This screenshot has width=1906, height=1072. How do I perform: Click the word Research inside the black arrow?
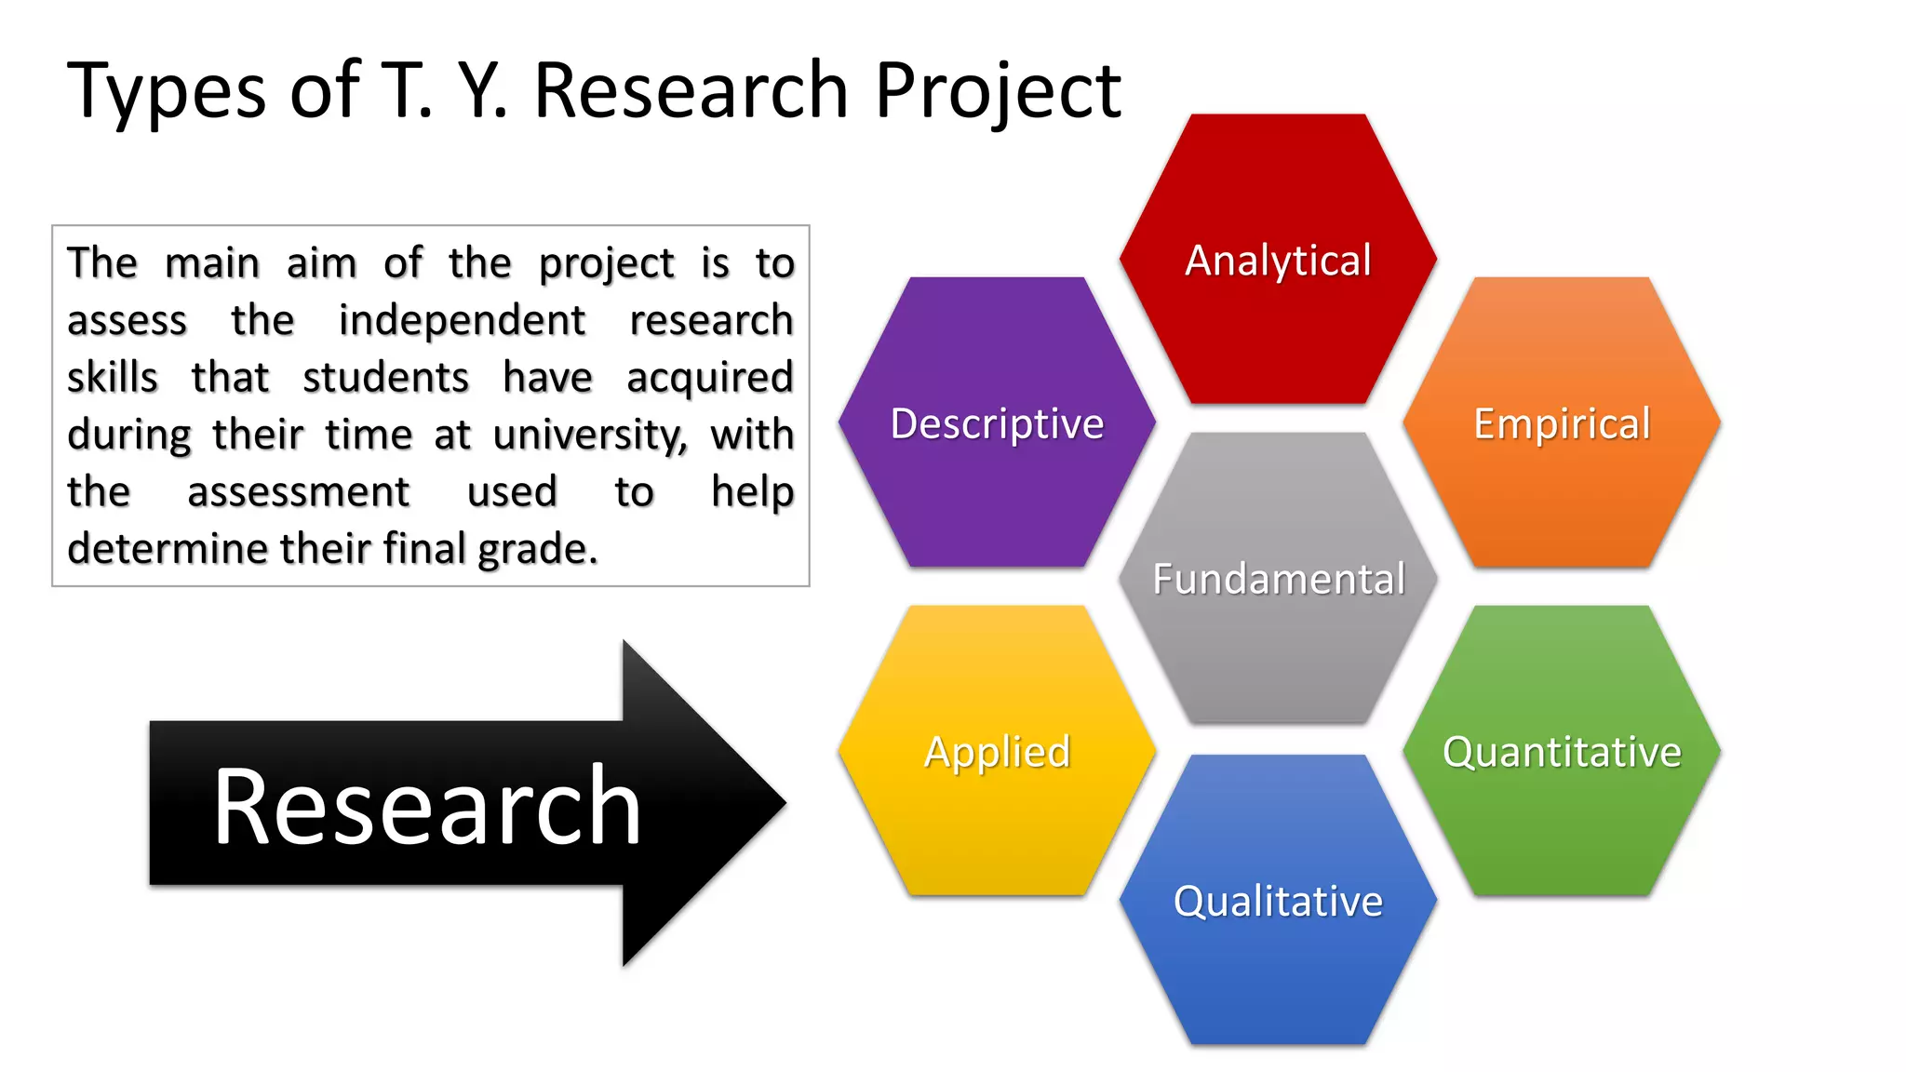pyautogui.click(x=427, y=806)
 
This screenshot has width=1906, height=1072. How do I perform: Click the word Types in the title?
pyautogui.click(x=167, y=91)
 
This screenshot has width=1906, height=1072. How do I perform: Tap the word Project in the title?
pyautogui.click(x=997, y=91)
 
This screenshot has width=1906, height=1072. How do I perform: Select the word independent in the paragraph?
pyautogui.click(x=462, y=320)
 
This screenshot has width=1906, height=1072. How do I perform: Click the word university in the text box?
pyautogui.click(x=590, y=435)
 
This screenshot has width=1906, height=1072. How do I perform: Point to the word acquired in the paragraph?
pyautogui.click(x=709, y=378)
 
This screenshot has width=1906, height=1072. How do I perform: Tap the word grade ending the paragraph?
pyautogui.click(x=536, y=549)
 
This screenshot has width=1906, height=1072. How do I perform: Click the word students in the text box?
pyautogui.click(x=385, y=378)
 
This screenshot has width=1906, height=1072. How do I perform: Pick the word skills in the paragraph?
pyautogui.click(x=113, y=378)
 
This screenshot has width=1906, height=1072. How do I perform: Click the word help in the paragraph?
pyautogui.click(x=752, y=491)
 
